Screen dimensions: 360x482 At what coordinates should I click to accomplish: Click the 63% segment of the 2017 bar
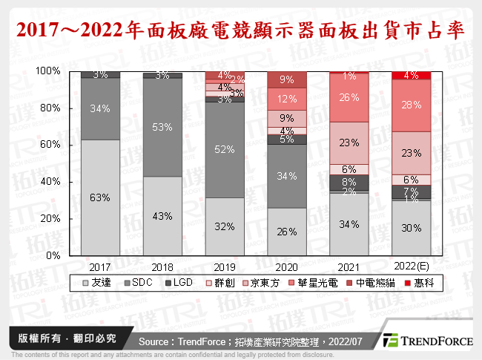(x=100, y=197)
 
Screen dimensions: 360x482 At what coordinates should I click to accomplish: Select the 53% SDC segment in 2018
(x=162, y=126)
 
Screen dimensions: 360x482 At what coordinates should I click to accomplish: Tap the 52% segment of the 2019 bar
(x=225, y=150)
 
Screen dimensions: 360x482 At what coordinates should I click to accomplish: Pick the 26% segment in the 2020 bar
(x=287, y=231)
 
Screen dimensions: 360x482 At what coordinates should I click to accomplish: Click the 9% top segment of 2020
(x=287, y=79)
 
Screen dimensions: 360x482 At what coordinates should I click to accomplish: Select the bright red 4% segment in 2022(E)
(x=411, y=75)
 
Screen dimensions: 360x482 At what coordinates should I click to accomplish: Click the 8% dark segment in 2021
(x=349, y=182)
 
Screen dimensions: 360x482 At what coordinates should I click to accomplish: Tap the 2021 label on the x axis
(x=349, y=264)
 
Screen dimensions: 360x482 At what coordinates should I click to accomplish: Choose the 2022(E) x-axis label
(x=411, y=264)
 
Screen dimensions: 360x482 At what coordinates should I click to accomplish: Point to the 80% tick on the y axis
(x=49, y=108)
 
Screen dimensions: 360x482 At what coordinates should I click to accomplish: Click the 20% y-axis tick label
(x=49, y=218)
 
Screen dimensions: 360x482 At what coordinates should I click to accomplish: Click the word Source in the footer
(x=157, y=341)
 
